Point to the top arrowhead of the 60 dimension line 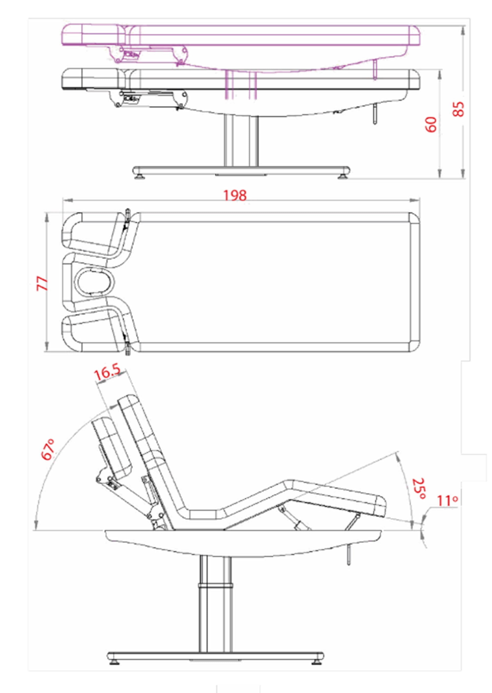(x=440, y=75)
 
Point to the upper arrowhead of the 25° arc (x=399, y=457)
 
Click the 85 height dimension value (x=458, y=109)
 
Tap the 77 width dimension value (x=42, y=284)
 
